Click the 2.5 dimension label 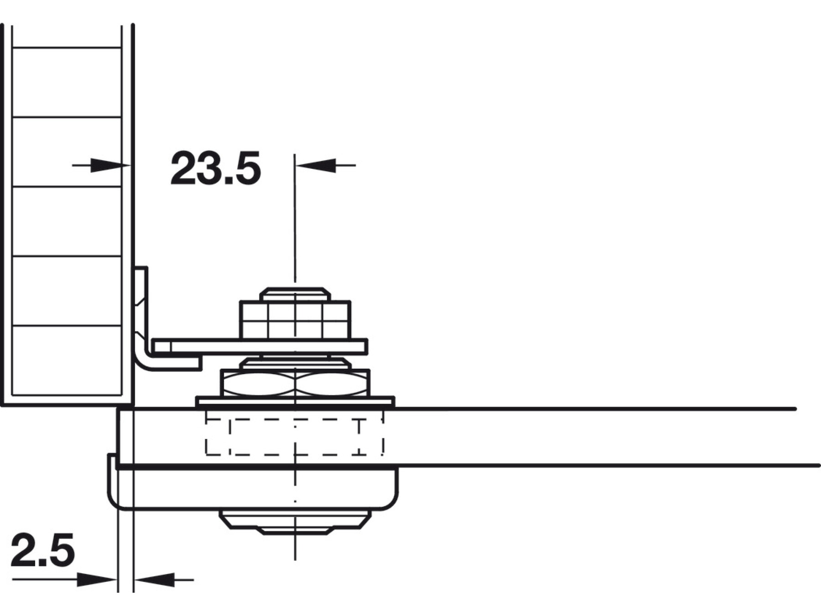pyautogui.click(x=42, y=550)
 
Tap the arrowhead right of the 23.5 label pyautogui.click(x=316, y=165)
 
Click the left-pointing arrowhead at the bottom pyautogui.click(x=155, y=580)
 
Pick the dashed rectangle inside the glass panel pyautogui.click(x=295, y=433)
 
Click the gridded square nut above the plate pyautogui.click(x=296, y=319)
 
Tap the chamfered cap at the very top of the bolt pyautogui.click(x=295, y=294)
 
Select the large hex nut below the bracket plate pyautogui.click(x=295, y=383)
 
